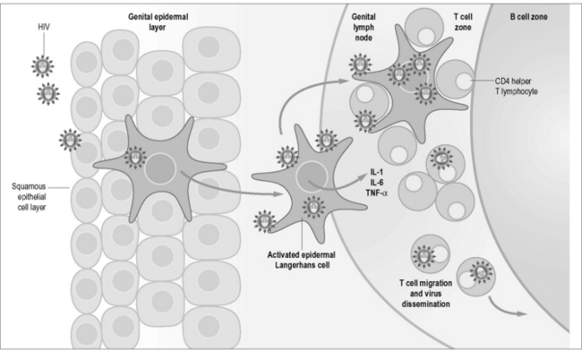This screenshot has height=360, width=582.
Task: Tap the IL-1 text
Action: coord(351,170)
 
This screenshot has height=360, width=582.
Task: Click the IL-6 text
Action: coord(351,182)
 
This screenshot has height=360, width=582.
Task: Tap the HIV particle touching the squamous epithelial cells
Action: coord(69,138)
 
